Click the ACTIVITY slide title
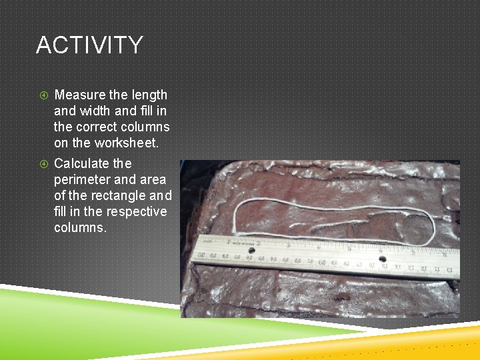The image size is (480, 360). pyautogui.click(x=89, y=45)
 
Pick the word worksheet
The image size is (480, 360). pyautogui.click(x=118, y=143)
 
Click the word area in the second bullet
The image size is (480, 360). pyautogui.click(x=153, y=179)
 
